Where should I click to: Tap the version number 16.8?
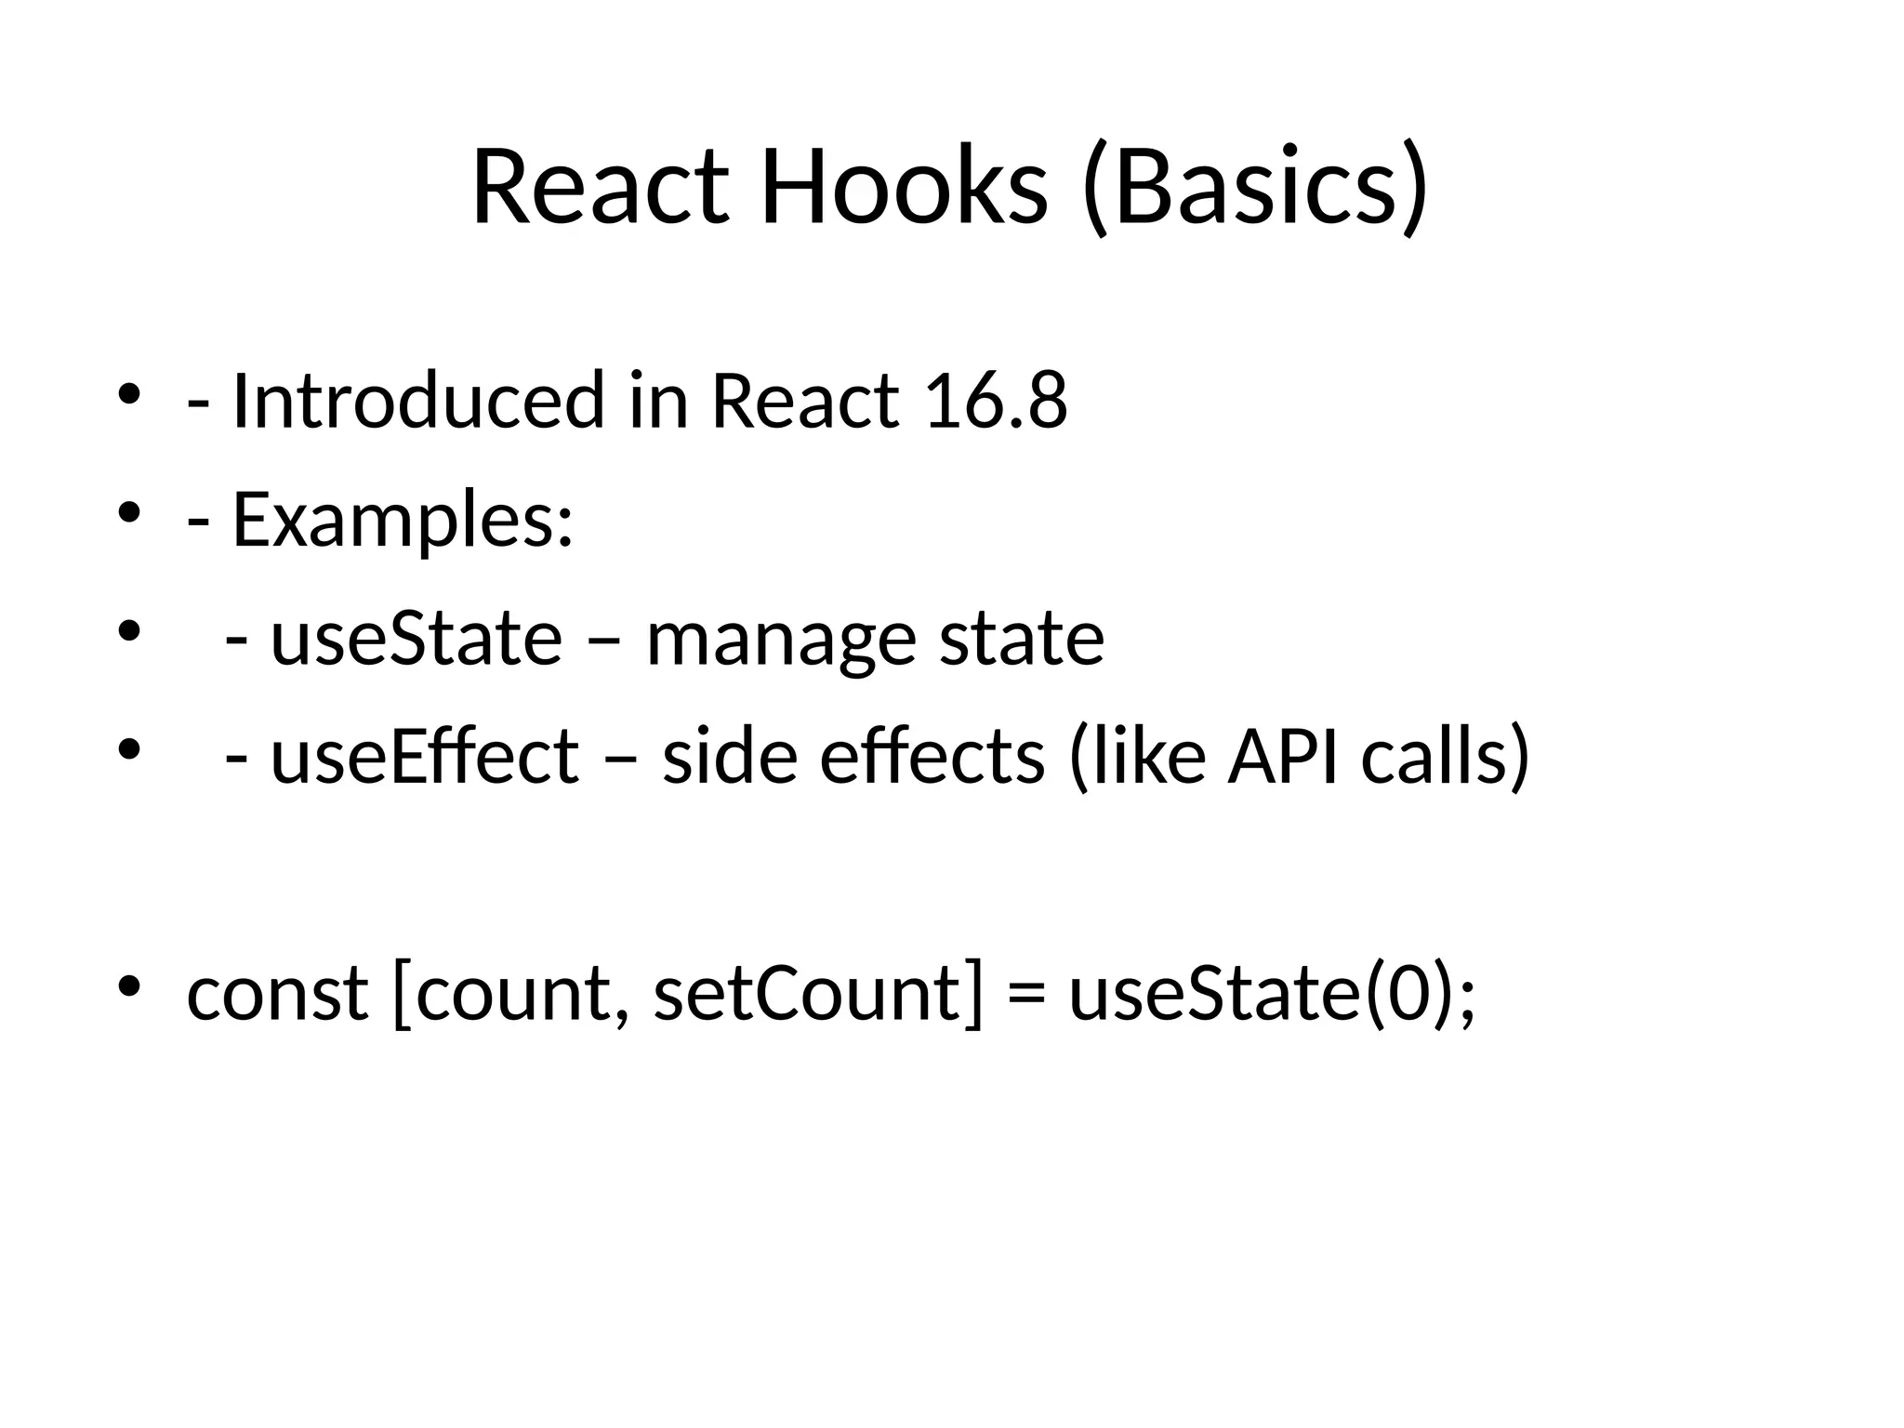coord(996,401)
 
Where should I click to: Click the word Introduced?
coord(417,401)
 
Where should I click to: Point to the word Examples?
coord(402,521)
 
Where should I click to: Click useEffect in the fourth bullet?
coord(424,757)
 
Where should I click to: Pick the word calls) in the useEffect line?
coord(1445,757)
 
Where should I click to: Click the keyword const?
coord(277,994)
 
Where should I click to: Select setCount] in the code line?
coord(817,994)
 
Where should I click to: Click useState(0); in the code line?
coord(1272,994)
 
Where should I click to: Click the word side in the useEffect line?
coord(729,757)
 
